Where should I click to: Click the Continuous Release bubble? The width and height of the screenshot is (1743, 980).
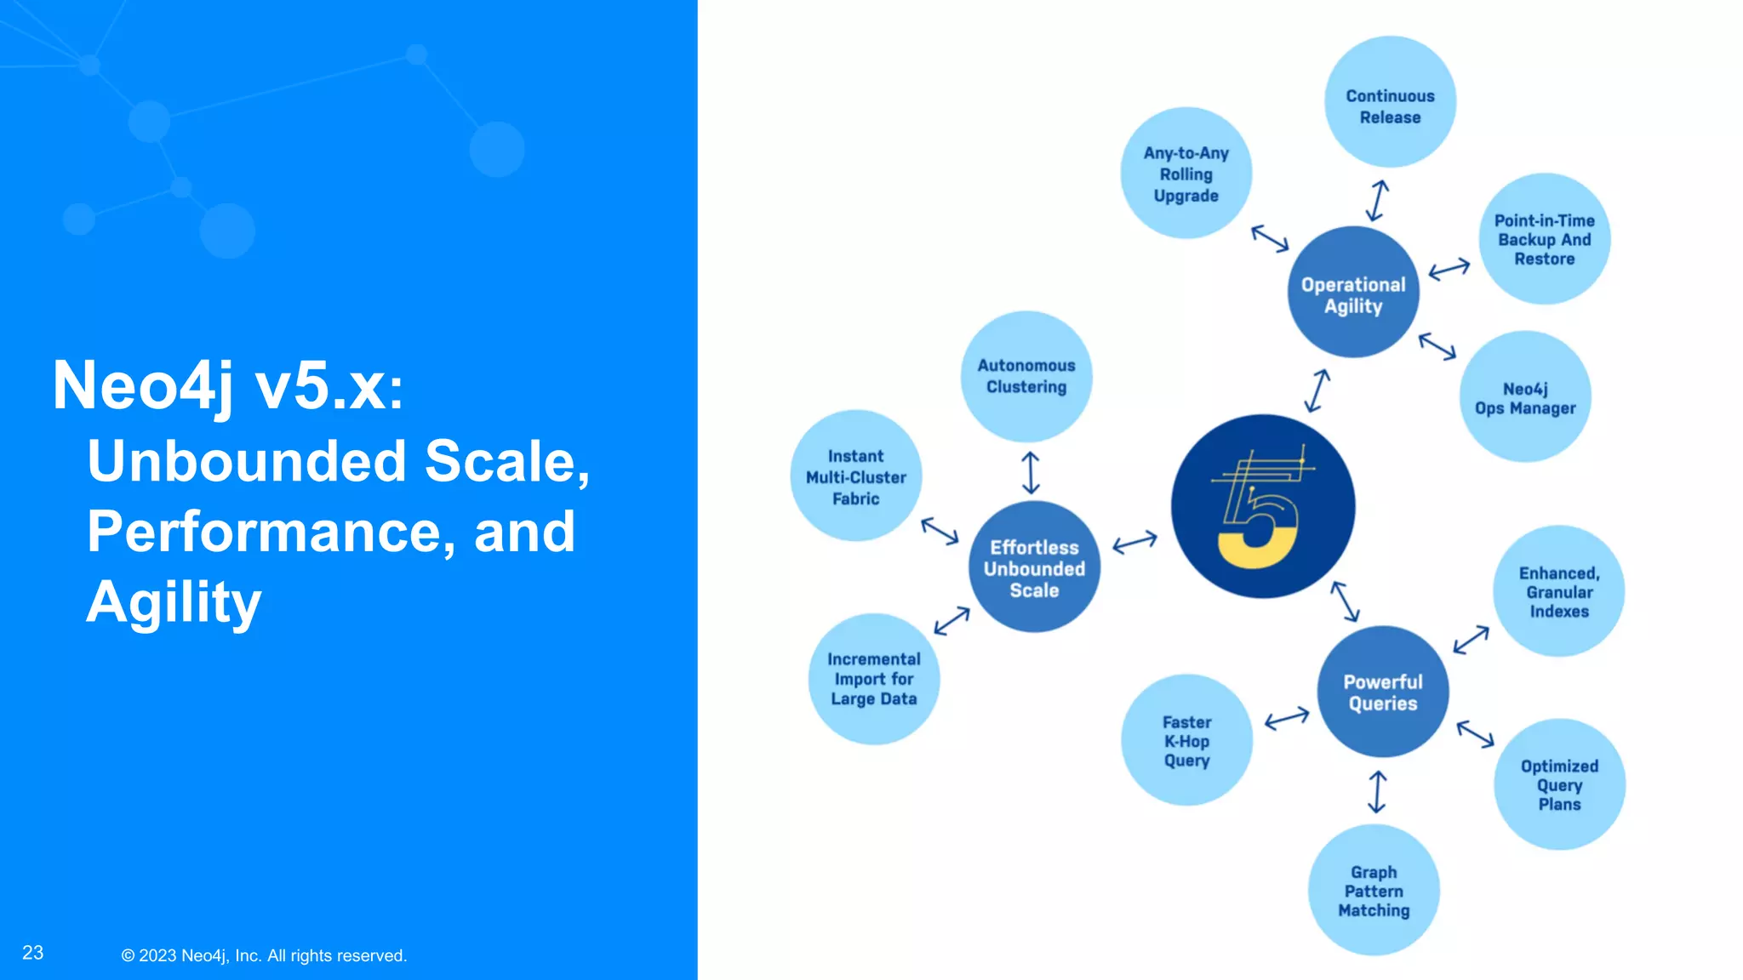(1390, 102)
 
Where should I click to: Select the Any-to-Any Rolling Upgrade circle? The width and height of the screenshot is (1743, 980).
(1186, 174)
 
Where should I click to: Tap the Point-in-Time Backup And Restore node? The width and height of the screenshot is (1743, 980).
(1544, 239)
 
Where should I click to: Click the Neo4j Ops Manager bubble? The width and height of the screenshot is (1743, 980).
(1525, 397)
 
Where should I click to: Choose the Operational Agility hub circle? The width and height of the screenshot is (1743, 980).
(1353, 293)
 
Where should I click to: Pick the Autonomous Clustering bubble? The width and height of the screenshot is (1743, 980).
(1026, 376)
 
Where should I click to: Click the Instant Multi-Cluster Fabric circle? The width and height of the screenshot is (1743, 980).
(855, 476)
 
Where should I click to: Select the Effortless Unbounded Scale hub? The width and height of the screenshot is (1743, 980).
(1034, 567)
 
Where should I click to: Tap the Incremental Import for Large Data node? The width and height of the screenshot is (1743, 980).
(874, 679)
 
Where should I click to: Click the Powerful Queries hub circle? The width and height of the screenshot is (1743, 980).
(1383, 692)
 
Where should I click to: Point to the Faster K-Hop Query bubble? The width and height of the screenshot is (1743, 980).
(1186, 740)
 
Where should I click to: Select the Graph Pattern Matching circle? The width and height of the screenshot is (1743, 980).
(1374, 890)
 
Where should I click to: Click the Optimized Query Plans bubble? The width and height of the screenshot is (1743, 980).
(1559, 784)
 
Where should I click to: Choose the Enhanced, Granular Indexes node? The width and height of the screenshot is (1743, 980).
(1558, 591)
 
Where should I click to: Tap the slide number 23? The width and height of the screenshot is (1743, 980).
(33, 953)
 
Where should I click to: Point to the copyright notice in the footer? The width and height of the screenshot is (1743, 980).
(264, 955)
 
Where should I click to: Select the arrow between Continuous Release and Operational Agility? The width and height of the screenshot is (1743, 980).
(1377, 201)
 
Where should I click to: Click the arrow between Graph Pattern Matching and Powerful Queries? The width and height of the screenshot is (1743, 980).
(1377, 792)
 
